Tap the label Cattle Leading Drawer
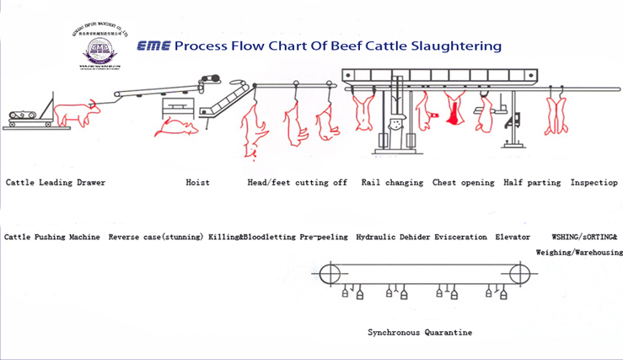(x=56, y=182)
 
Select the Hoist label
(x=197, y=182)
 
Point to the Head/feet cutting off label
(x=297, y=182)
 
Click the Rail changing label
(x=392, y=182)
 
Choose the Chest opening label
(x=463, y=182)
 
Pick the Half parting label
(x=532, y=182)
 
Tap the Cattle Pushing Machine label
(x=52, y=237)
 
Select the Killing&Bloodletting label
(x=251, y=237)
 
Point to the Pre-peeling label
(x=324, y=237)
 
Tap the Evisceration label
(x=460, y=237)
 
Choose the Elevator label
(x=513, y=237)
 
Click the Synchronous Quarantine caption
(x=420, y=332)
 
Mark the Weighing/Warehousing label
(x=578, y=251)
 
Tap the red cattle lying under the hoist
(x=177, y=126)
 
